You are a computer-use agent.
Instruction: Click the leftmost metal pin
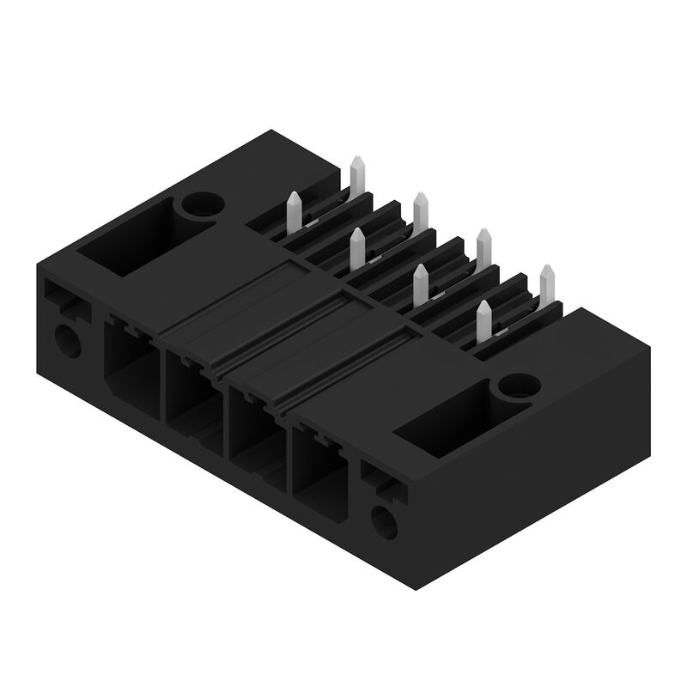294,206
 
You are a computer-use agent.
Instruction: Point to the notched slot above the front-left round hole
64,296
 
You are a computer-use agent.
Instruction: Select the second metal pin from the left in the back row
421,206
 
